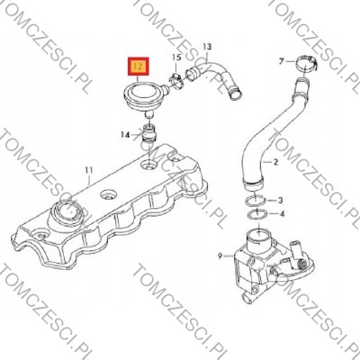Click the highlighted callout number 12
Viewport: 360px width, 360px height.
coord(138,67)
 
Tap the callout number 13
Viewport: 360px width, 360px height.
coord(207,47)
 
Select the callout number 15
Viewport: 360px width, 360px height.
coord(176,58)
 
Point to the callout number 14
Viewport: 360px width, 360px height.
coord(125,135)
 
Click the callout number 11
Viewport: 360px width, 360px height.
coord(89,170)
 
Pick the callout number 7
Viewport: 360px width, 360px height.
coord(281,62)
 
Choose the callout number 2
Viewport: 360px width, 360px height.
coord(275,162)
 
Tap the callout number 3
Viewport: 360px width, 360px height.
coord(280,200)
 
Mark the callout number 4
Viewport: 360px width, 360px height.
coord(282,214)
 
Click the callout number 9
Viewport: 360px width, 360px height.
coord(220,256)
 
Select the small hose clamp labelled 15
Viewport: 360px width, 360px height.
coord(176,82)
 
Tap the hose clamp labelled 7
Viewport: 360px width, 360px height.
coord(305,64)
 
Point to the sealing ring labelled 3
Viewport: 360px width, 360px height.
coord(255,201)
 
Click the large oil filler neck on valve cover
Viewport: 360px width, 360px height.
coord(66,214)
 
